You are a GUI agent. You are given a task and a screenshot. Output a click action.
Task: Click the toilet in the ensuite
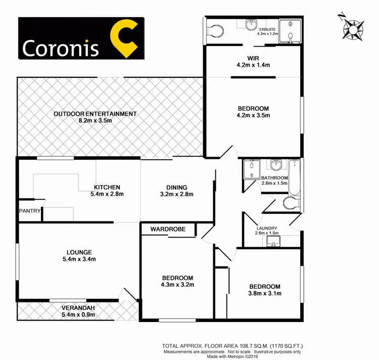tap(214, 31)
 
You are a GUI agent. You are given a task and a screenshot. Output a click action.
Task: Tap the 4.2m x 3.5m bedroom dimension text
tap(253, 115)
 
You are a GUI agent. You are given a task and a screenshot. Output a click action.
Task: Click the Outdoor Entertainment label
tap(95, 114)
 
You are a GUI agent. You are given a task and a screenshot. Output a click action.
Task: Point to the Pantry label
tap(29, 211)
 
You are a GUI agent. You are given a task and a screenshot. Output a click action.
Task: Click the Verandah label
tap(78, 308)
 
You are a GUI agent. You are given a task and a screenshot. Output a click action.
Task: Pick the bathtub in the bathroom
tap(295, 174)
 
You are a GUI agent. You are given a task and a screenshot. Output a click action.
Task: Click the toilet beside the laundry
tap(291, 203)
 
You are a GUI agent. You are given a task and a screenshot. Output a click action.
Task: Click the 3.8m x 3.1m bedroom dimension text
tap(264, 293)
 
